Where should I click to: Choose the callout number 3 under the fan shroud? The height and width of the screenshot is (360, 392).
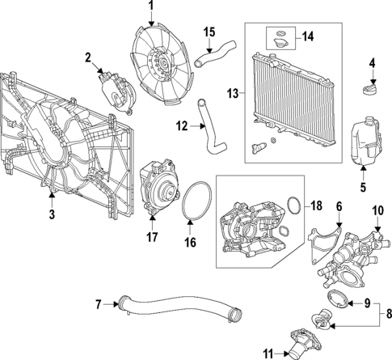click(x=51, y=214)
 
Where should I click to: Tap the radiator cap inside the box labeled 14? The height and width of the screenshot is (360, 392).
click(x=280, y=36)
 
